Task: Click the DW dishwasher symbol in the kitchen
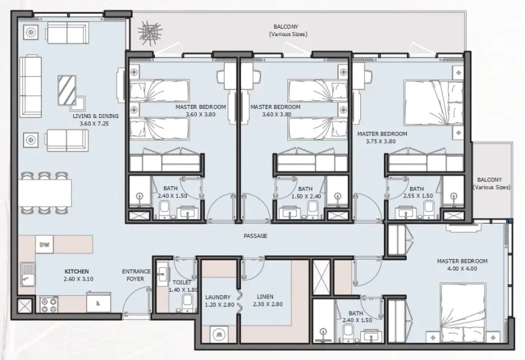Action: (x=45, y=245)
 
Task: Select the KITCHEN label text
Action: (x=76, y=271)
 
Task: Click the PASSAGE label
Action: (x=255, y=236)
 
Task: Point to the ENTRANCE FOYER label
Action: (x=136, y=275)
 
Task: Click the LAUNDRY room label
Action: (x=217, y=296)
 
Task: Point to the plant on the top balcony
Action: (x=150, y=35)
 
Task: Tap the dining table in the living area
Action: (x=45, y=191)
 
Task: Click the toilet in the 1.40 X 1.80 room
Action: (x=187, y=302)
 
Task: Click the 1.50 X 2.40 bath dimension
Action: (x=305, y=195)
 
